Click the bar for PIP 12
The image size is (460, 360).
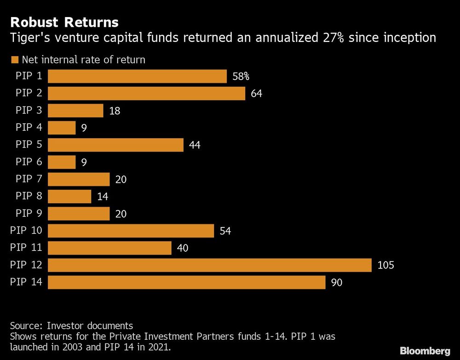(x=209, y=265)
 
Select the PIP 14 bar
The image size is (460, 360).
(x=186, y=282)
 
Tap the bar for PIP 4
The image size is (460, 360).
(x=62, y=128)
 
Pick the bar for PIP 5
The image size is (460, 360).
(x=115, y=145)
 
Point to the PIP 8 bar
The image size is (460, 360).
(x=69, y=197)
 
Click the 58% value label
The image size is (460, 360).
(x=241, y=76)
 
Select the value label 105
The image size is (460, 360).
(x=385, y=266)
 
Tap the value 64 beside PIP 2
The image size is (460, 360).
(x=256, y=94)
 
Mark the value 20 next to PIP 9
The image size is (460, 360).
(x=121, y=214)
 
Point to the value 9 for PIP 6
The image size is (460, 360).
(x=84, y=163)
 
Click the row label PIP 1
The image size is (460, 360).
(x=29, y=76)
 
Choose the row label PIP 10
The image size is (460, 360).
(x=26, y=231)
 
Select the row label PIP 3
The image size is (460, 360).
(x=29, y=110)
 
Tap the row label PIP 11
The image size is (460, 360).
(x=26, y=248)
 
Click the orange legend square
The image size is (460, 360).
(x=14, y=60)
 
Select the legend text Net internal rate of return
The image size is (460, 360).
(x=83, y=60)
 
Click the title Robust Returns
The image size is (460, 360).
(x=64, y=22)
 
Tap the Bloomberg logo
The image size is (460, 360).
(x=425, y=351)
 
